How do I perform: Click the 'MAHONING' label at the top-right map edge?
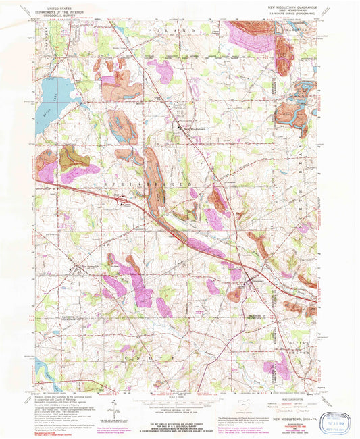287,30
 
